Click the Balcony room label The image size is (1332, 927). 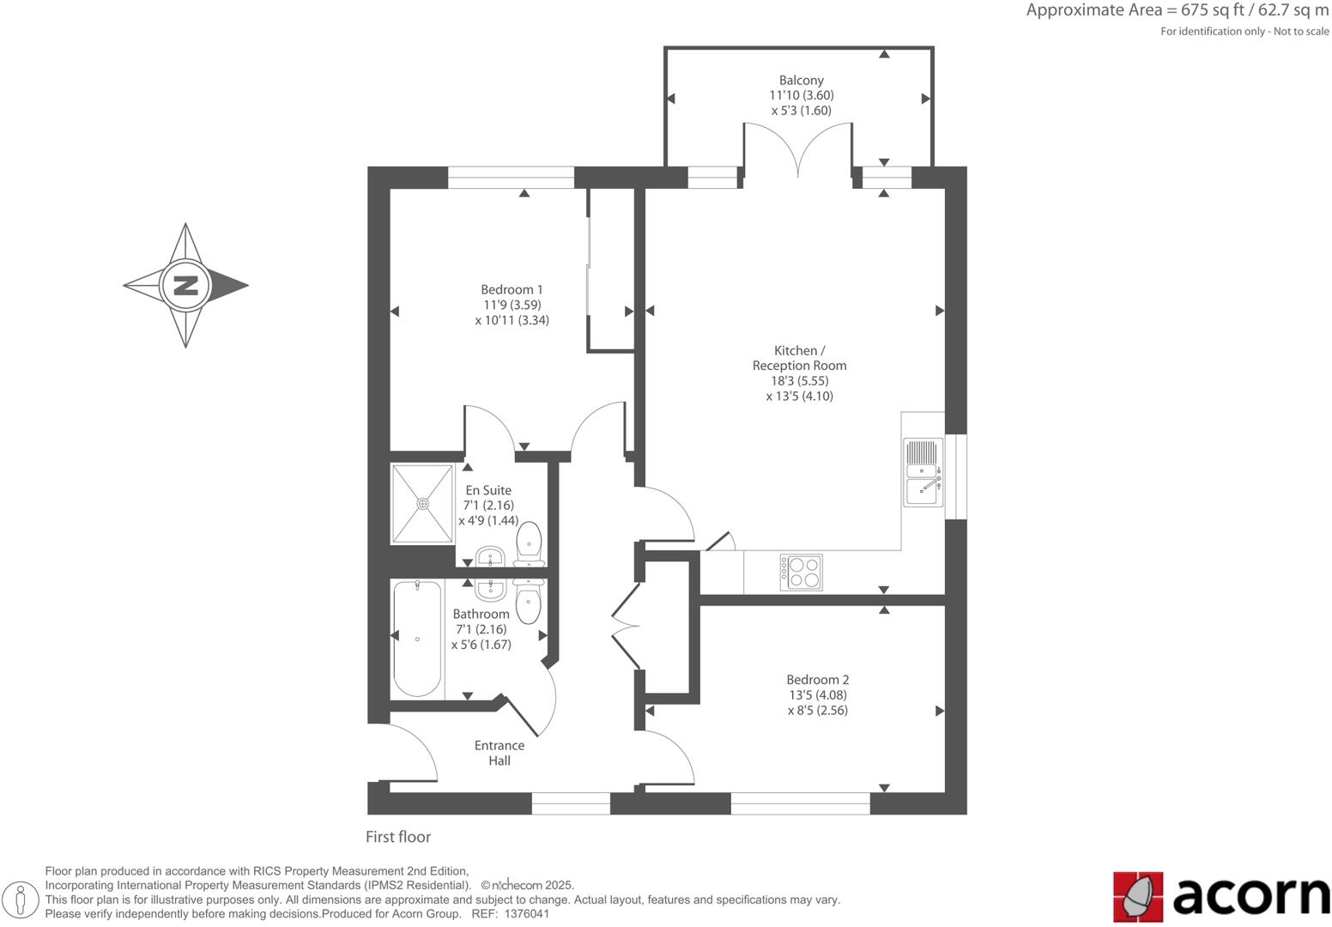coord(801,80)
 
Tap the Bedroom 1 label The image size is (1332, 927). coord(512,289)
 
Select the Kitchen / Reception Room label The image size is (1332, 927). coord(799,358)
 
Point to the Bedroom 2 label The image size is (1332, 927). coord(817,680)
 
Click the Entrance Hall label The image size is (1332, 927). coord(499,753)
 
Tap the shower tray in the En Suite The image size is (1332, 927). coord(422,504)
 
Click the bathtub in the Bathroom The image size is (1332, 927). coord(417,639)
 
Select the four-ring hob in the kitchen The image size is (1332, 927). coord(801,573)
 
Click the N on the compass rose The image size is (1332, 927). coord(185,285)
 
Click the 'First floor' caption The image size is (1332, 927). coord(398,837)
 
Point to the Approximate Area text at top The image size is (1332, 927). coord(1177,10)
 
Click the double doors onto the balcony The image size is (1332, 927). coord(798,150)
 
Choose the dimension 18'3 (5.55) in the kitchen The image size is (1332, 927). coord(799,381)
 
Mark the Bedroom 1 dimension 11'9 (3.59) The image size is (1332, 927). coord(512,305)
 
